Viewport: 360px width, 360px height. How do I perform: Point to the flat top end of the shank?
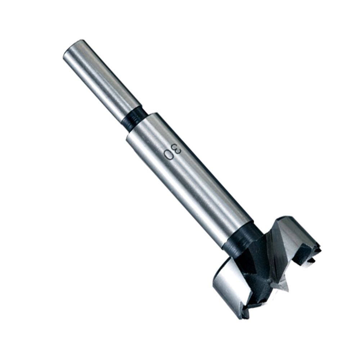[72, 49]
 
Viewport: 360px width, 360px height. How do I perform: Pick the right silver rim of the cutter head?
[299, 234]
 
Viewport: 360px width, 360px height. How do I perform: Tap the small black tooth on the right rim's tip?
[317, 248]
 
